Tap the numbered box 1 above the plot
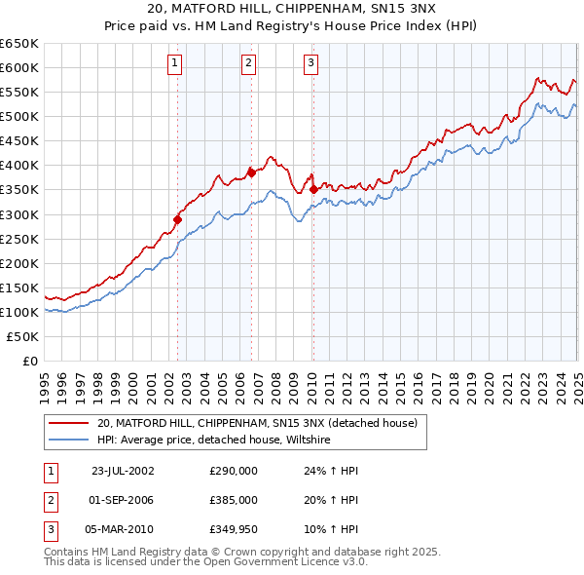174,64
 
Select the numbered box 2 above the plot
248,64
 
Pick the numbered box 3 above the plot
310,64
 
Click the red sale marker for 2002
178,219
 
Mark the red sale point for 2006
251,172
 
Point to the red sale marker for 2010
313,189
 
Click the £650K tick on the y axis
19,44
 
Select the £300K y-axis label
19,214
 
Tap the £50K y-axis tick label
23,336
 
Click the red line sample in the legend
68,423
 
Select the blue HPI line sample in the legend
68,441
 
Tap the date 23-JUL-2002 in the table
123,471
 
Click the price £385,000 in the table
234,500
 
